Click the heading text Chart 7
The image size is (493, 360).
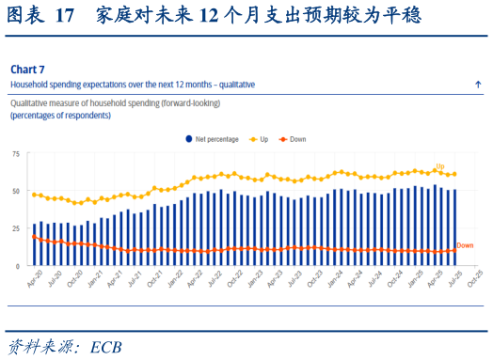pos(27,70)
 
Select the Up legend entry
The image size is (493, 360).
pos(260,139)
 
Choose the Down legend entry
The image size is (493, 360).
pos(296,139)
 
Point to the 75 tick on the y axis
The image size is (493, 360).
pos(16,153)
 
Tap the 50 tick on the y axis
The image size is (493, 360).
pos(16,191)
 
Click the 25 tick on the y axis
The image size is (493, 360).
pos(16,228)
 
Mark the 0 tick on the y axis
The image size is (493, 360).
pos(19,266)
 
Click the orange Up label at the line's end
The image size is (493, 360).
pos(439,165)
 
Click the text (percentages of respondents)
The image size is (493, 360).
pos(60,115)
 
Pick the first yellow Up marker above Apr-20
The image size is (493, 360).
pos(35,195)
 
